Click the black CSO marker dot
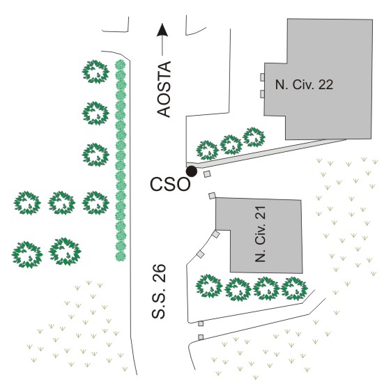tap(192, 171)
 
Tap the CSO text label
tap(170, 184)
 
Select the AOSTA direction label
tap(164, 89)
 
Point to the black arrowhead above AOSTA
tap(162, 30)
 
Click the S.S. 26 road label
tap(159, 291)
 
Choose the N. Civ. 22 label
tap(304, 84)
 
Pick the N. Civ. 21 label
tap(261, 234)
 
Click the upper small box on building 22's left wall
tap(262, 77)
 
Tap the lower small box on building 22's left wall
tap(262, 94)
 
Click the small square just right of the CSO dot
tap(207, 174)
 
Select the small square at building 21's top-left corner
tap(212, 196)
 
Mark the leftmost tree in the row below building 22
tap(208, 151)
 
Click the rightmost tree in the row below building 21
tap(294, 289)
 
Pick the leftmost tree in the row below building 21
tap(209, 286)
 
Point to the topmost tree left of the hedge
tap(95, 72)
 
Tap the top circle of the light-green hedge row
tap(121, 65)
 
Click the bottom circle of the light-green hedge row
tap(121, 256)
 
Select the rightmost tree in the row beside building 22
tap(254, 137)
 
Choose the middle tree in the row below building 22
tap(231, 144)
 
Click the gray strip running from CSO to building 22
tap(266, 153)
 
